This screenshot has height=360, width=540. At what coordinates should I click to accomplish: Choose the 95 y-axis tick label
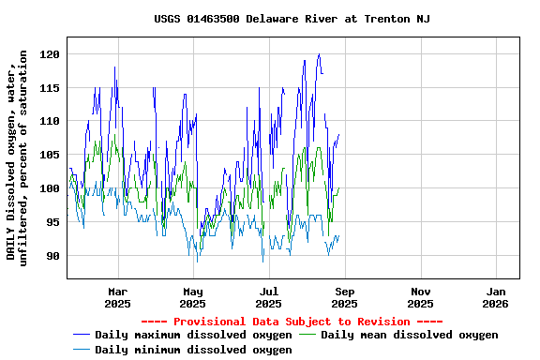coord(52,222)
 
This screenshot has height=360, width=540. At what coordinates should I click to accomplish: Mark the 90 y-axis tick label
coord(52,255)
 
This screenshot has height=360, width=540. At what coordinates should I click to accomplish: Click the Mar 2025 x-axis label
coord(117,297)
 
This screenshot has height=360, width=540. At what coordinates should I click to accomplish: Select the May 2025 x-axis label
coord(192,297)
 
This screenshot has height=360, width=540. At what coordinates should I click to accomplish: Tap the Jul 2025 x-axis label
coord(268,297)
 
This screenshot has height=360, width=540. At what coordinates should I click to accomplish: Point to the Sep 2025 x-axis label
coord(344,297)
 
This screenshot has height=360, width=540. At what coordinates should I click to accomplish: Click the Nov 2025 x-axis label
coord(420,297)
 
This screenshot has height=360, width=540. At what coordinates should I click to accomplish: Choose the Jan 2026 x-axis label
coord(496,297)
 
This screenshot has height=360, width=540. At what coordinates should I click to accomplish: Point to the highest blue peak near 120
coord(319,54)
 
